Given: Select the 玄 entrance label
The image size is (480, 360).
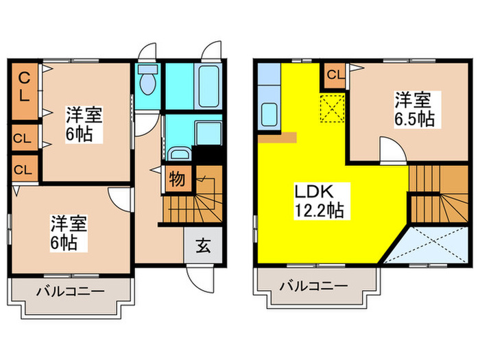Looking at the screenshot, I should point(204,245).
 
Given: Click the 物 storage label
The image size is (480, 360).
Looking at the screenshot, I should point(176,180).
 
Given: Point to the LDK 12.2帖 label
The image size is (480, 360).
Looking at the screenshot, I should point(320,200).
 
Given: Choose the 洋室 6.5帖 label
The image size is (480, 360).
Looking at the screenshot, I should point(413,109).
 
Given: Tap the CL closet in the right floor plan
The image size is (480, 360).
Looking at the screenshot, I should point(335,74).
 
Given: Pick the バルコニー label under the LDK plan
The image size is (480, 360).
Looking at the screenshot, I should point(314,285).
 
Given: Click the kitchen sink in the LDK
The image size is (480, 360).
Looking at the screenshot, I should point(267,117).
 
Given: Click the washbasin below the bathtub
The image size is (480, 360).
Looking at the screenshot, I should point(180,155).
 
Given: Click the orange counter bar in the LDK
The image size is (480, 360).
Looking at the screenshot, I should point(278,136).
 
